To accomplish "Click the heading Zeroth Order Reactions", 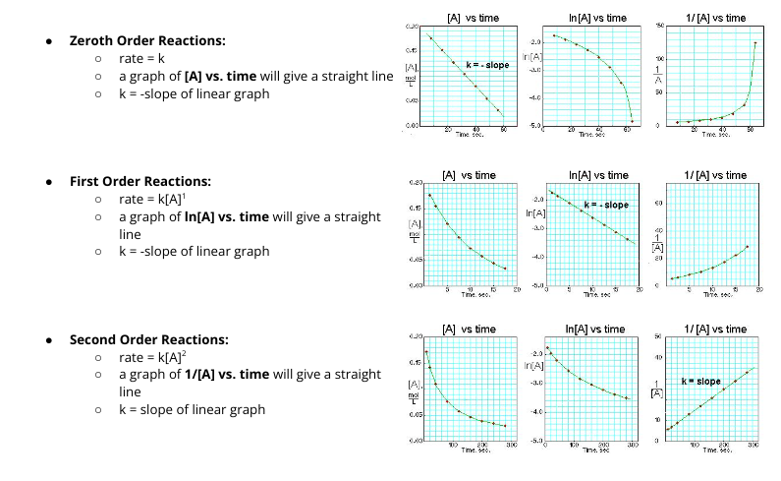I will (x=146, y=40).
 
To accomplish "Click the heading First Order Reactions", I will (x=140, y=181).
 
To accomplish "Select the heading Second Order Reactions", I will (x=148, y=339).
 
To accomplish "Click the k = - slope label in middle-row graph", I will (x=606, y=205).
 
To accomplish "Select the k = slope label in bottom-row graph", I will (x=700, y=381).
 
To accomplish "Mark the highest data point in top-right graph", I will (x=755, y=42).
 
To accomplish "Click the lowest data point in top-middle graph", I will (x=632, y=121).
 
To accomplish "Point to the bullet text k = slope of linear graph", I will (x=192, y=409).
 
